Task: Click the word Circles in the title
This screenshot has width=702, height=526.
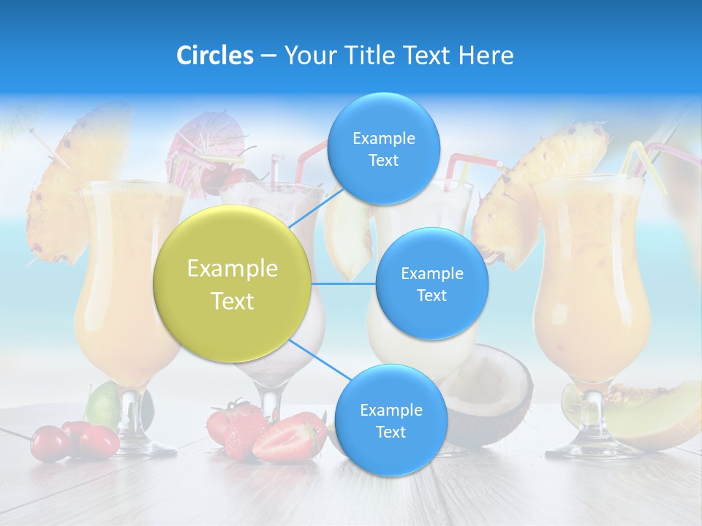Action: (x=214, y=56)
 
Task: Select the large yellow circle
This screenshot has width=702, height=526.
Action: (x=233, y=284)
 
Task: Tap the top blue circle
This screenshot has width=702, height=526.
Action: (x=383, y=149)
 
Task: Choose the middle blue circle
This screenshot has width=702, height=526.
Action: (x=431, y=284)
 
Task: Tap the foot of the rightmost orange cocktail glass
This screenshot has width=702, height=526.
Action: (x=592, y=446)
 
